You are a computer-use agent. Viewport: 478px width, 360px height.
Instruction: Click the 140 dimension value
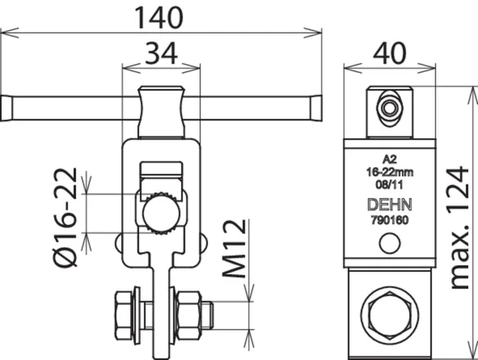click(159, 18)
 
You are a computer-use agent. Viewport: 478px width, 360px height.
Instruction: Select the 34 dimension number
click(161, 54)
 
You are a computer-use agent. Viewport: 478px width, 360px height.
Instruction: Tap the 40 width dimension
click(390, 53)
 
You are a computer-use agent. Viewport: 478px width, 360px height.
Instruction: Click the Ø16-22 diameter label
click(65, 218)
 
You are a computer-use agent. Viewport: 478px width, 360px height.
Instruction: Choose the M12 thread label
click(234, 249)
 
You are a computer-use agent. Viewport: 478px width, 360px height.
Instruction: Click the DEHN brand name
click(390, 205)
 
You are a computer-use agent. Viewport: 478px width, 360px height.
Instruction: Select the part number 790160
click(390, 220)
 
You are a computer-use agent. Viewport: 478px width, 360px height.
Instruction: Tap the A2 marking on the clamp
click(390, 160)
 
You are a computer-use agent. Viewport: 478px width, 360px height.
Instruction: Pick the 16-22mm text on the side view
click(390, 172)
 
